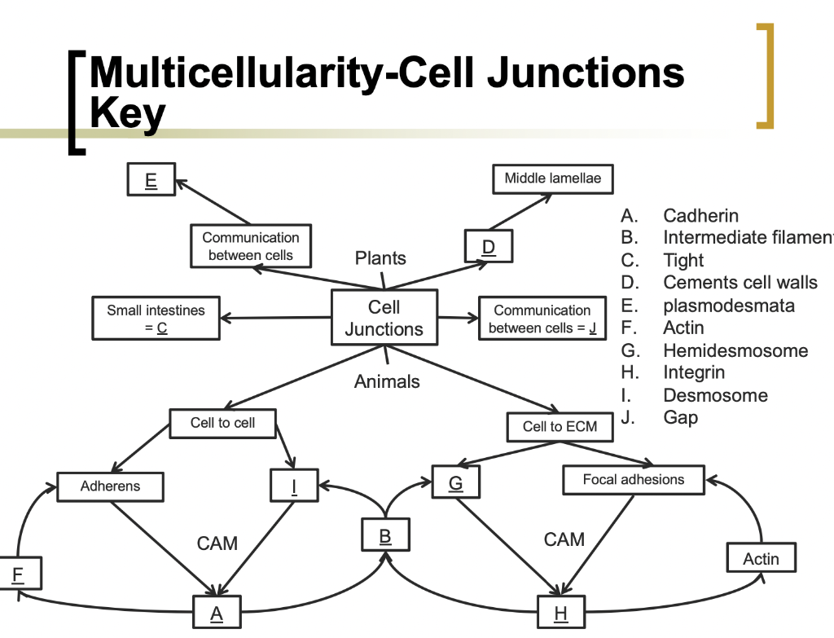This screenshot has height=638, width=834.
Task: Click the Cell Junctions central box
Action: click(384, 318)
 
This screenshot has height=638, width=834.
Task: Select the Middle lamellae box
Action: click(552, 178)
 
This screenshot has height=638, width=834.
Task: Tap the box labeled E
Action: click(151, 179)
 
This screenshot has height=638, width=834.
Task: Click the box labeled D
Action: click(488, 246)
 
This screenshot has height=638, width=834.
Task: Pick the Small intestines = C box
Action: click(156, 319)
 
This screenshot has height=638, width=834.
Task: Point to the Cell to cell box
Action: click(222, 423)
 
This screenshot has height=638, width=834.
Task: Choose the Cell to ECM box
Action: click(560, 426)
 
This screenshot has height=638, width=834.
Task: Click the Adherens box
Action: click(110, 486)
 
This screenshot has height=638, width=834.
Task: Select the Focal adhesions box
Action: click(633, 480)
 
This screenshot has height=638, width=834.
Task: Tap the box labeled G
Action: click(455, 483)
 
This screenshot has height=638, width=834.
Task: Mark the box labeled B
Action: click(385, 536)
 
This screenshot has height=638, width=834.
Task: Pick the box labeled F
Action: click(17, 574)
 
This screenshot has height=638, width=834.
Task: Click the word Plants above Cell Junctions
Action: click(380, 258)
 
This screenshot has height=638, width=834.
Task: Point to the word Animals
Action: click(387, 381)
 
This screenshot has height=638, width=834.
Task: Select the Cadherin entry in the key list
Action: click(700, 216)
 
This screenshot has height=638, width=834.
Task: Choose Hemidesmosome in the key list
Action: click(735, 351)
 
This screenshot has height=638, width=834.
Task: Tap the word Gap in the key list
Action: click(680, 417)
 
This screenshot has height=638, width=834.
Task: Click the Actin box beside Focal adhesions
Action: click(761, 559)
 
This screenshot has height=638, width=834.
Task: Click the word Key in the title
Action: click(127, 114)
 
